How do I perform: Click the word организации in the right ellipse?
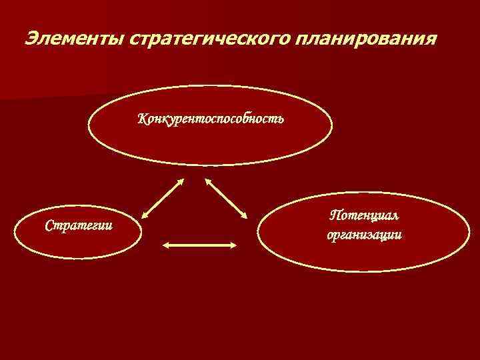pyautogui.click(x=364, y=235)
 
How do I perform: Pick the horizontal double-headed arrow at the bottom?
pyautogui.click(x=200, y=245)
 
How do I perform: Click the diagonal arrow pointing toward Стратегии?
pyautogui.click(x=163, y=198)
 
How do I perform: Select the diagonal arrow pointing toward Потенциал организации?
pyautogui.click(x=226, y=198)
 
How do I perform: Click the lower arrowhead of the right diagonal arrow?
pyautogui.click(x=244, y=215)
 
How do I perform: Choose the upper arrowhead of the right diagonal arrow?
pyautogui.click(x=208, y=181)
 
